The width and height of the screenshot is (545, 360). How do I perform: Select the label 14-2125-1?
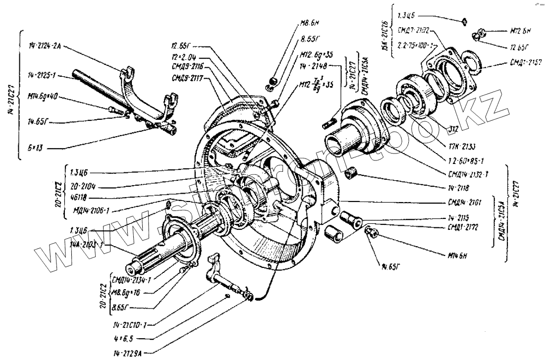coord(42,76)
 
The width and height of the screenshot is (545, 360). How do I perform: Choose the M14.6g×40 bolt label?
coord(43,97)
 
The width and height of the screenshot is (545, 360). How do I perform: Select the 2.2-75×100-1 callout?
coord(415,45)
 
